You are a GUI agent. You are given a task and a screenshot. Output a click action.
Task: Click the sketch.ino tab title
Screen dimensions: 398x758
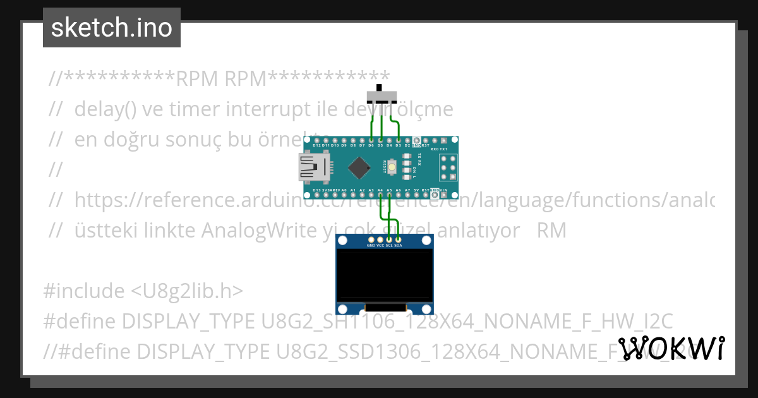tap(112, 28)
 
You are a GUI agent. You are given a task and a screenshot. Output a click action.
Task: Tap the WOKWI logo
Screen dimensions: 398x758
tap(671, 349)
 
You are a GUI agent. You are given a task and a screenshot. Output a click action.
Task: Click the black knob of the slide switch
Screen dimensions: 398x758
tap(380, 88)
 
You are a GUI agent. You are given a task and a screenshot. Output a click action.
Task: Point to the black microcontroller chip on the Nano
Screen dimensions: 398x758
tap(359, 167)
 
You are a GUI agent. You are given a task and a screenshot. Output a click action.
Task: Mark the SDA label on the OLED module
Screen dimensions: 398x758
tap(398, 245)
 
